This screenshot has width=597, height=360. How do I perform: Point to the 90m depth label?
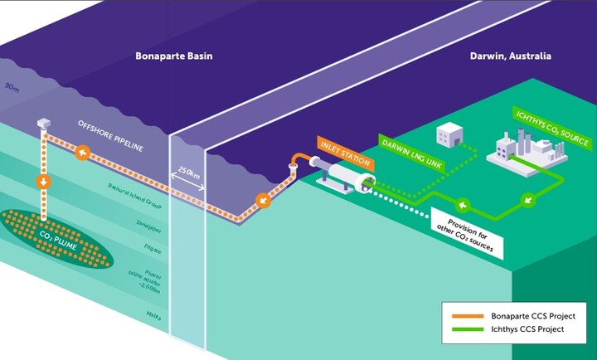[x=12, y=86]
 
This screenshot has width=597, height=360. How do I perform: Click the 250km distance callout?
[x=187, y=174]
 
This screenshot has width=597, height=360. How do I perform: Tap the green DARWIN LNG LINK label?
[x=412, y=151]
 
